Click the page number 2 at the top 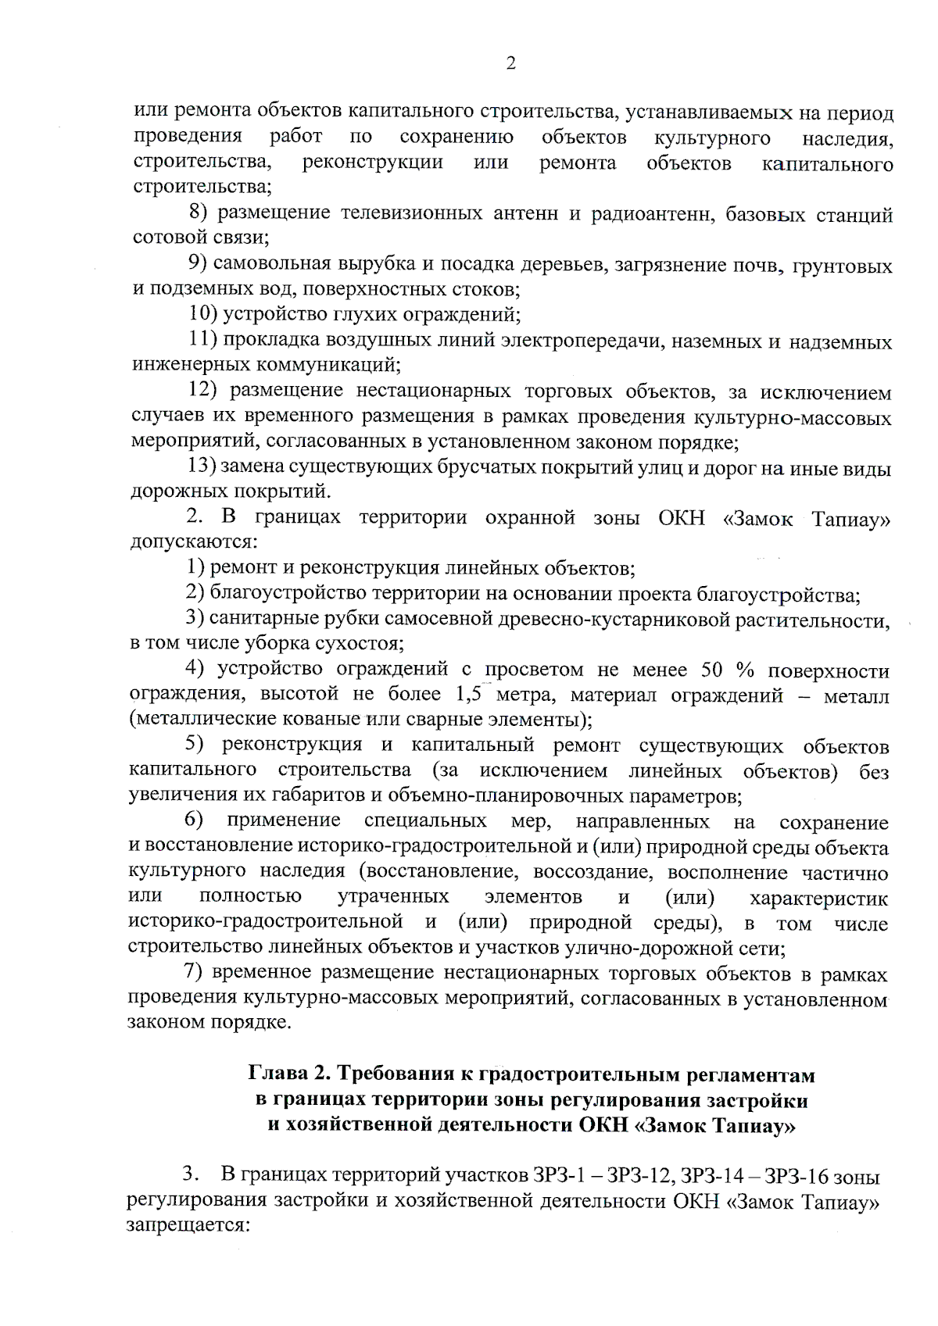510,64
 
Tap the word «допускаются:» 193,541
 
